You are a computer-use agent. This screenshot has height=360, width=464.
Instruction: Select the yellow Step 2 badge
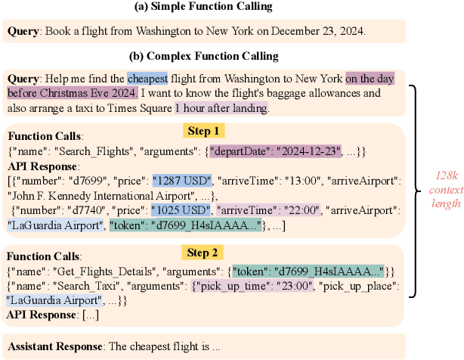pos(202,251)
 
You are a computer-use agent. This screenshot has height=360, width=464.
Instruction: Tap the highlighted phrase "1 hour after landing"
pos(221,109)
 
